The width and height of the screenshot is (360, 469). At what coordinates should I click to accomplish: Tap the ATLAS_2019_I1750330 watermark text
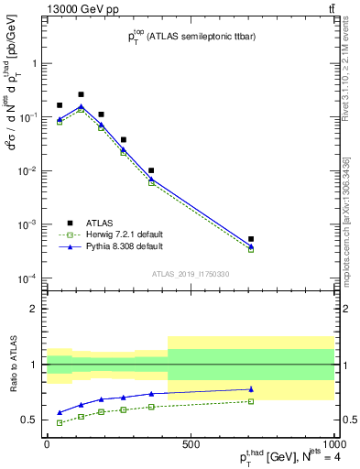click(x=190, y=273)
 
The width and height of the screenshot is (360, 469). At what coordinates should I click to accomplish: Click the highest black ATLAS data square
click(x=81, y=94)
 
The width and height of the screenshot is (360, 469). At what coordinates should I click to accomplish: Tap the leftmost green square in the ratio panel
click(x=60, y=422)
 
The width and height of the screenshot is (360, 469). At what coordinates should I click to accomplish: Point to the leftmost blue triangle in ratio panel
click(x=60, y=413)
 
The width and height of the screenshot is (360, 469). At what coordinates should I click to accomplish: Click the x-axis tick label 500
click(x=190, y=444)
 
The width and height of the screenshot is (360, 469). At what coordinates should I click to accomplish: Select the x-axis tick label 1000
click(x=333, y=444)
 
